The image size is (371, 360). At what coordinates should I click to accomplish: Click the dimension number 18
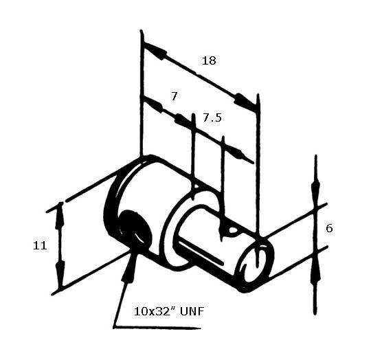click(209, 60)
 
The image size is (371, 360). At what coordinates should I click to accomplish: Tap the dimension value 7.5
click(212, 117)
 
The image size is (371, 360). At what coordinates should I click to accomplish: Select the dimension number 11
click(40, 246)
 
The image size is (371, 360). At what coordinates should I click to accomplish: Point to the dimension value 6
click(329, 228)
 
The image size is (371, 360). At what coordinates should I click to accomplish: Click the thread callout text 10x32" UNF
click(169, 311)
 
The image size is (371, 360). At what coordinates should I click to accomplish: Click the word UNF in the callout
click(192, 311)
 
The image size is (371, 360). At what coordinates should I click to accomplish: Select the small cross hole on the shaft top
click(233, 230)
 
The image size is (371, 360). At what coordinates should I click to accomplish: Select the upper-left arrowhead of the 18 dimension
click(155, 50)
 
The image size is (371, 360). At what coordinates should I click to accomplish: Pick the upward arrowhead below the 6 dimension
click(316, 269)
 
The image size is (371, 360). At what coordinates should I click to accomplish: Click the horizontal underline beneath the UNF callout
click(157, 328)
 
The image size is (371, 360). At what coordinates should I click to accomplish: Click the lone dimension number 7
click(174, 96)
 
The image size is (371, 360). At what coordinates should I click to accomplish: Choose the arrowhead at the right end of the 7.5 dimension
click(239, 155)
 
